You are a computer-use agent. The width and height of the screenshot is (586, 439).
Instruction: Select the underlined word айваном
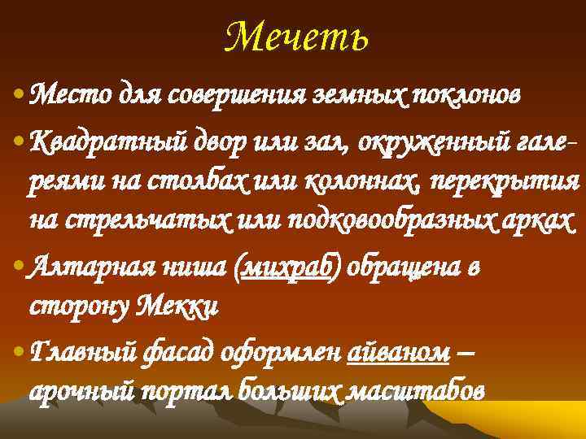pos(399,353)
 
